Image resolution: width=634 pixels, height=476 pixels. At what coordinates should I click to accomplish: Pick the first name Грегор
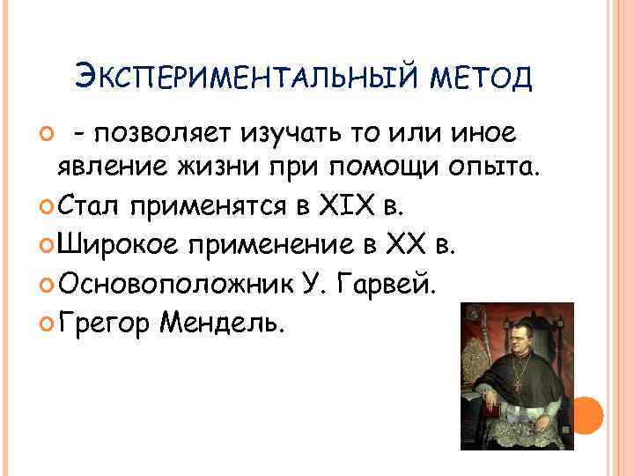pos(106,323)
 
